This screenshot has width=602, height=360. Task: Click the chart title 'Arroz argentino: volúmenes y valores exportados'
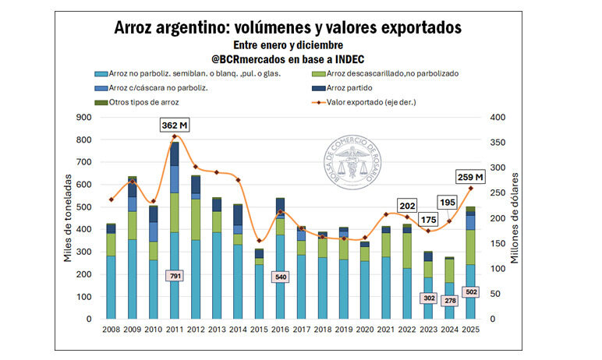288,27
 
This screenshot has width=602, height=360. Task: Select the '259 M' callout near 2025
469,177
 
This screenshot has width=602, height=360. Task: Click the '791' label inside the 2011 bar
175,276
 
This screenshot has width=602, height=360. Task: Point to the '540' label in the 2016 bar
281,277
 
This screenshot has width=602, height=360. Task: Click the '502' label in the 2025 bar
471,292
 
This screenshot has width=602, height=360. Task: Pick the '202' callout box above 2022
406,206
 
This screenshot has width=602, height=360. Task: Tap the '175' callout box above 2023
427,220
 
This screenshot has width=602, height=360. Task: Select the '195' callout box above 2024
448,203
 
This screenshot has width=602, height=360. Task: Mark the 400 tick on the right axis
498,118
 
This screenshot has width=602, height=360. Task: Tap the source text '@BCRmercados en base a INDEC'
288,58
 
